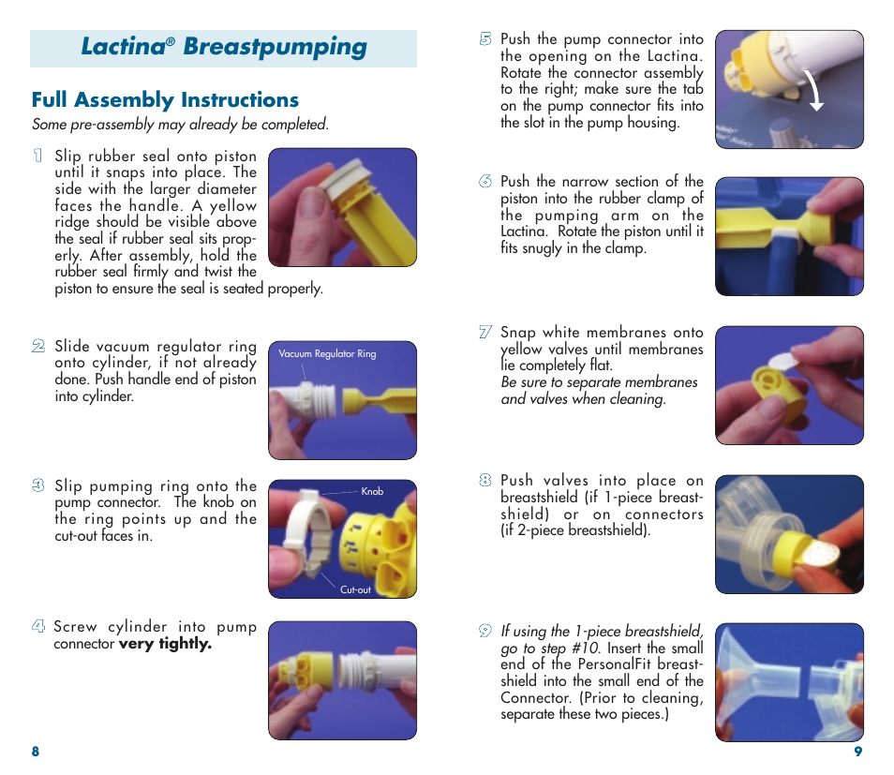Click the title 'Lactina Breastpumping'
click(223, 48)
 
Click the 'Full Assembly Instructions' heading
click(165, 100)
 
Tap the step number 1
click(37, 156)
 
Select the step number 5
click(484, 39)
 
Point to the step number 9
click(484, 632)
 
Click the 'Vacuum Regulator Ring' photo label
click(327, 354)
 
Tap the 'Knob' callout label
click(372, 491)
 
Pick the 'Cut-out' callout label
click(355, 589)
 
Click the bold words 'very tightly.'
click(165, 644)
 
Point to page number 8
click(36, 753)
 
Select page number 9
click(857, 753)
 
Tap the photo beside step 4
click(342, 680)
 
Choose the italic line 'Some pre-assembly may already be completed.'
click(180, 125)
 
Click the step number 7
click(484, 332)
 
